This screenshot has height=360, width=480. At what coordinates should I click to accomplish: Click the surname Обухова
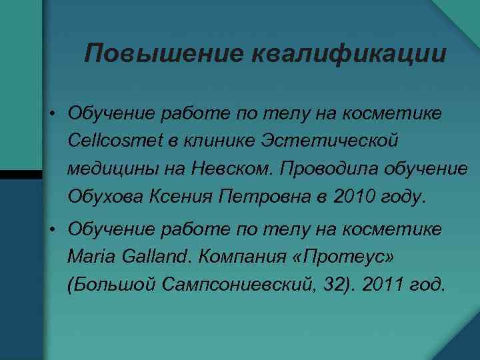(x=109, y=197)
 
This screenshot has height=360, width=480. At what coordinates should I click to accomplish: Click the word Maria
(x=89, y=257)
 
